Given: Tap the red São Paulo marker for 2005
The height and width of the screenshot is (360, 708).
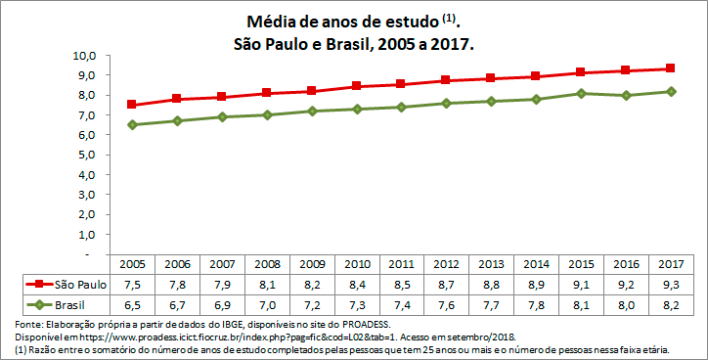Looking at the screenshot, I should [132, 105].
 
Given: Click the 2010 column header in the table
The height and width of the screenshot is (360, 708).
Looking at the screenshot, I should [356, 264].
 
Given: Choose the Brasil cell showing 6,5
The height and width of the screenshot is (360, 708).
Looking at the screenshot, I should [132, 304].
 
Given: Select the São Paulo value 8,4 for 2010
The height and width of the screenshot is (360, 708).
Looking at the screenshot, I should [356, 284].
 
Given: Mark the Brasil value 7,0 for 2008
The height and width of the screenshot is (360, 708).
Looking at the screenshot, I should [266, 304].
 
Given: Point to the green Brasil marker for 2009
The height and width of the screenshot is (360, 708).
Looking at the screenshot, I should [311, 111].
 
